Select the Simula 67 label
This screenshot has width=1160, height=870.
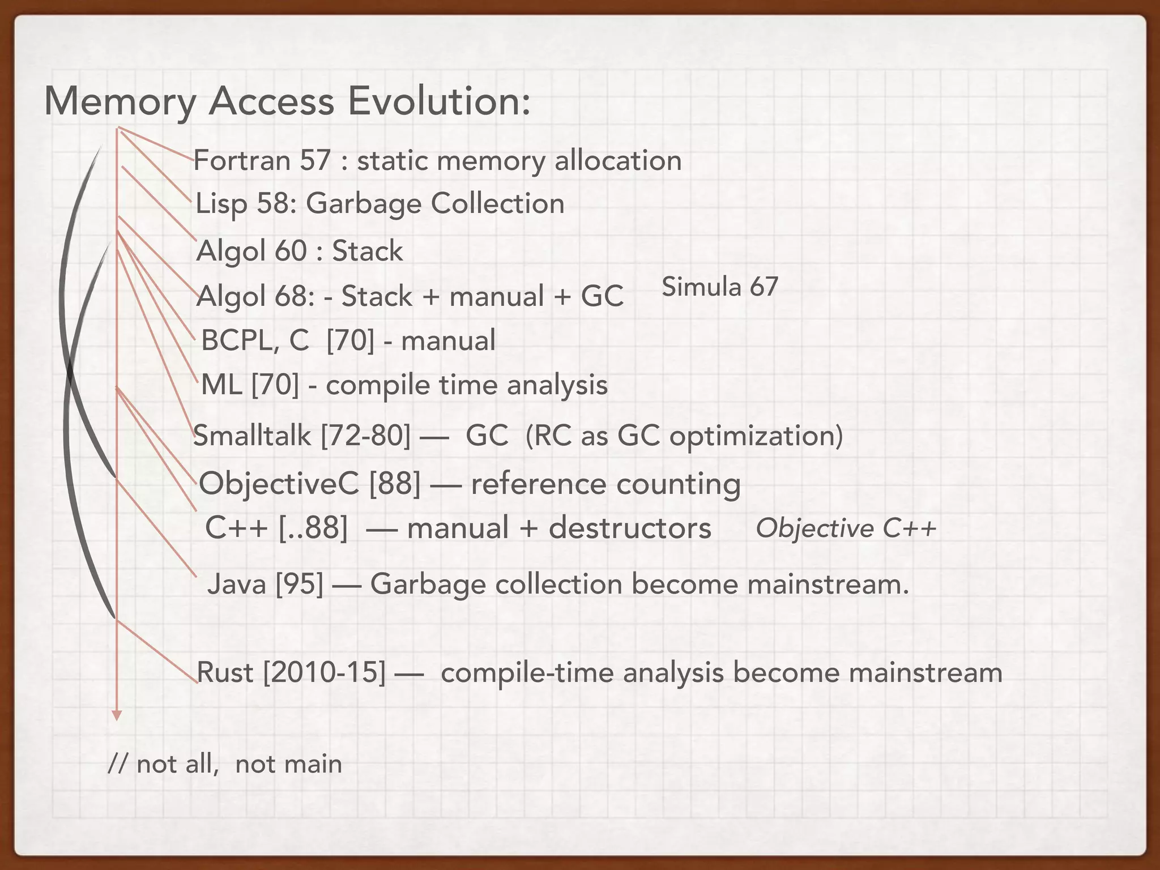click(x=720, y=287)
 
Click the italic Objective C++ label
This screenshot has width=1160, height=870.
click(x=846, y=529)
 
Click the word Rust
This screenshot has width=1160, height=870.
click(x=224, y=673)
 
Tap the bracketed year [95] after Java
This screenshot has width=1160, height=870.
click(x=299, y=585)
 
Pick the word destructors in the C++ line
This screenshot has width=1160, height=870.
click(x=629, y=528)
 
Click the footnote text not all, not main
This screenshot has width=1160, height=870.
click(x=225, y=764)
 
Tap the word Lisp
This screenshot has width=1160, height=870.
click(x=221, y=204)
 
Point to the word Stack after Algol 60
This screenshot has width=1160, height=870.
click(x=367, y=251)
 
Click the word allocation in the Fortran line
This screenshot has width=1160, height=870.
click(x=618, y=161)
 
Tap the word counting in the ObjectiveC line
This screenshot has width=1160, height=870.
click(x=678, y=484)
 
